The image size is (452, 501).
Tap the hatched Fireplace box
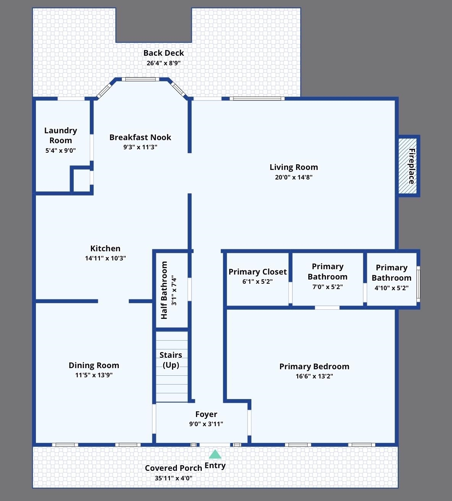tap(408, 166)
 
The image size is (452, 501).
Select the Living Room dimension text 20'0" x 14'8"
tap(294, 177)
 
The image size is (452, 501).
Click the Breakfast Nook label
tap(140, 137)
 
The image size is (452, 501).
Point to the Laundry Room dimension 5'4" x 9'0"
tap(60, 150)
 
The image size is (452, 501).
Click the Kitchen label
tap(105, 249)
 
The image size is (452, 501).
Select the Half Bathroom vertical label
tap(164, 290)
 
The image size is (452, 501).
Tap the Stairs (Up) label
tap(171, 360)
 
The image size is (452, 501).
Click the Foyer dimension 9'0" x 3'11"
tap(206, 424)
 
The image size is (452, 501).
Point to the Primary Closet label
tap(258, 272)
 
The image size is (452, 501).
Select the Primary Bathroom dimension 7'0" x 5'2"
tap(327, 287)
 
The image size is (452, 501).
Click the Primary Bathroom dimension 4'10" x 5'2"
tap(392, 288)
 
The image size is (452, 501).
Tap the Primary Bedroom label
tap(314, 367)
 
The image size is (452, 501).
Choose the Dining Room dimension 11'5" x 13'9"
tap(94, 375)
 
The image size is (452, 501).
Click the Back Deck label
tap(164, 53)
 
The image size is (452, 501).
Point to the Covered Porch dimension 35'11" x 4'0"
tap(173, 478)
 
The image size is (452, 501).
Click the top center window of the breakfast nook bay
tap(140, 79)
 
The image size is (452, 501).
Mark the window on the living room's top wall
tap(257, 99)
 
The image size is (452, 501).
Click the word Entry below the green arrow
tap(215, 465)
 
